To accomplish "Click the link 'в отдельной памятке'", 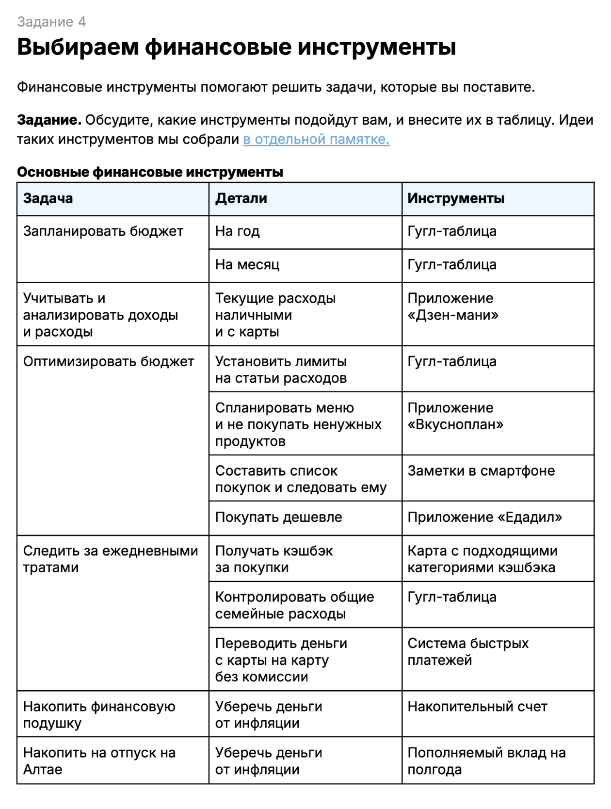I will tap(316, 140).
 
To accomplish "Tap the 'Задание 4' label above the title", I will tap(51, 22).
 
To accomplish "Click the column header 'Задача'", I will tap(48, 198).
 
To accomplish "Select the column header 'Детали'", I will tap(241, 198).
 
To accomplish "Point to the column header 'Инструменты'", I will tap(456, 198).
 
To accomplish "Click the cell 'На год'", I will tap(238, 231).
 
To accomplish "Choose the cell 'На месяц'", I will tap(247, 265).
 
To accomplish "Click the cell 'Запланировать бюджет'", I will tap(103, 231).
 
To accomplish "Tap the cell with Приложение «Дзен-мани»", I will tap(453, 307).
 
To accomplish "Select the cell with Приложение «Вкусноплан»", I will tap(455, 416).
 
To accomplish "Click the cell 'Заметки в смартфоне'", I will tap(481, 471).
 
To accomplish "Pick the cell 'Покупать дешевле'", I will tap(278, 518).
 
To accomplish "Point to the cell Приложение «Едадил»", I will tap(484, 518).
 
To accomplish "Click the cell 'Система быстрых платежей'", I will tap(468, 651).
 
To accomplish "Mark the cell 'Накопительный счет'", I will tap(477, 707).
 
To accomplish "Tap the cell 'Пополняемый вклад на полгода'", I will tap(486, 761).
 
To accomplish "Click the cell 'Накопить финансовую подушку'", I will tap(99, 714).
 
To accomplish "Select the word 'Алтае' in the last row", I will tap(43, 770).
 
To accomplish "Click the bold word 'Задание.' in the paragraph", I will tap(49, 120).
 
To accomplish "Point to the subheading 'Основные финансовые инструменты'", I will tap(150, 172).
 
